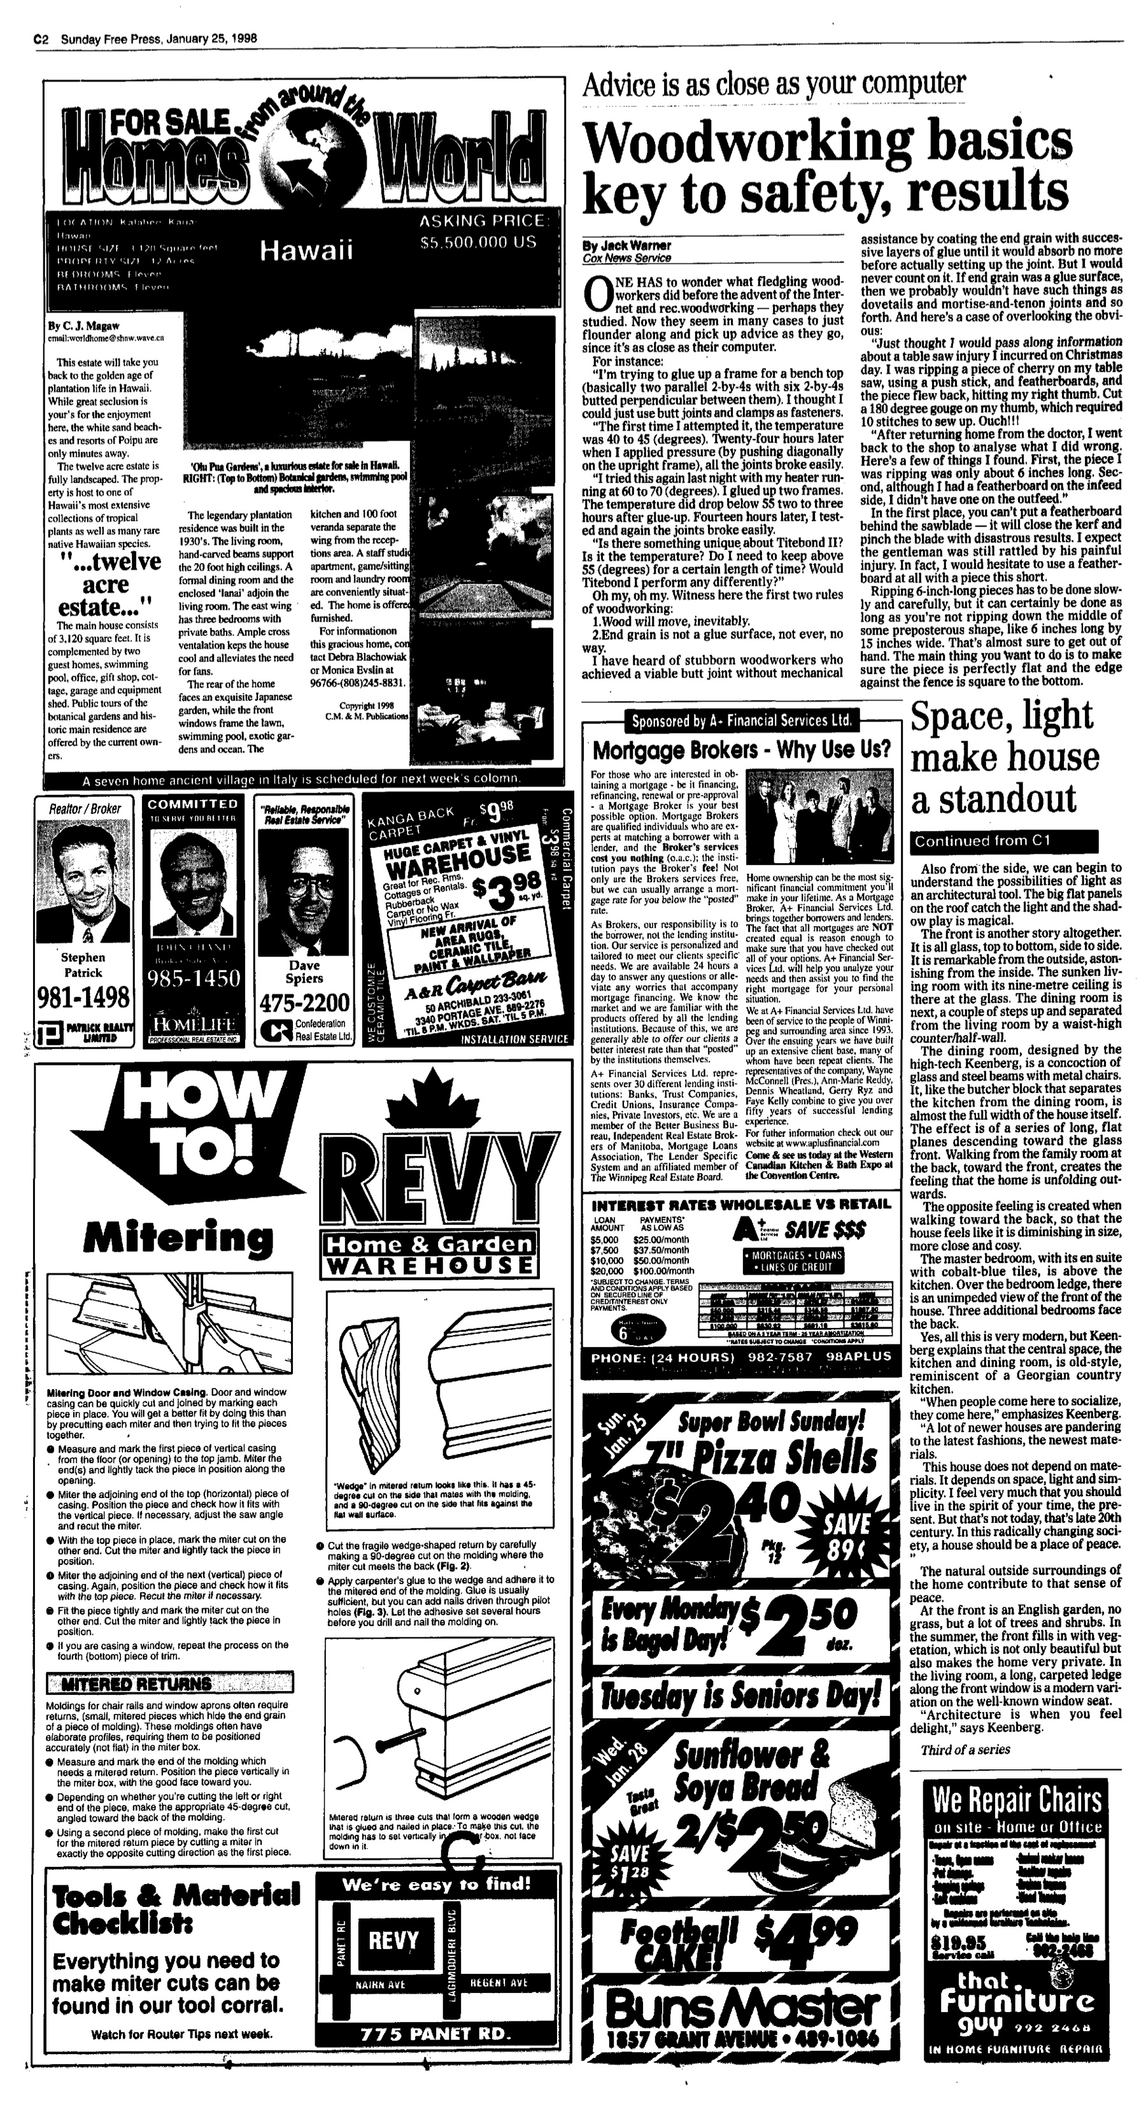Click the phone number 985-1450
click(194, 979)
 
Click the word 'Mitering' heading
click(177, 1237)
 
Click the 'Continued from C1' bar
click(1003, 841)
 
